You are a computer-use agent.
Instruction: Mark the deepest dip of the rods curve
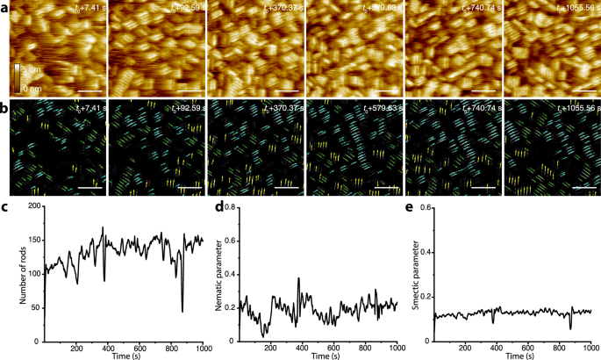182,311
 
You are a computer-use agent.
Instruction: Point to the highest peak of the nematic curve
299,278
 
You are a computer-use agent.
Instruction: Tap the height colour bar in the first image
16,76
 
